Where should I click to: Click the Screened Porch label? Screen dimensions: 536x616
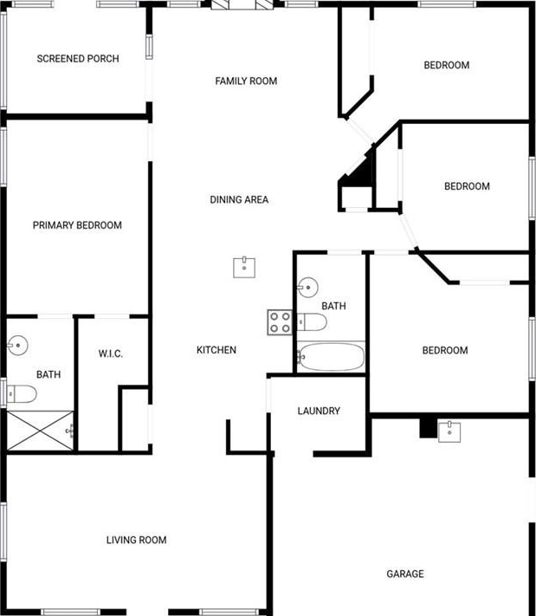(78, 59)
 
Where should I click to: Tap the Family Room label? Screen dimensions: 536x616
(246, 81)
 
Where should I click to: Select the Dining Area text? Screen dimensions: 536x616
(239, 199)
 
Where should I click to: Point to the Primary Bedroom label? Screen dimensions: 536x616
(77, 225)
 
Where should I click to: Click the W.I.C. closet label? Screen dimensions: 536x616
(110, 353)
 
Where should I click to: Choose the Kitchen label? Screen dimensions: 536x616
(216, 350)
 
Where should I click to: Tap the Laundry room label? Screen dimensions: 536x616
(319, 411)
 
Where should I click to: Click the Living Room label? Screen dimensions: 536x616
(136, 540)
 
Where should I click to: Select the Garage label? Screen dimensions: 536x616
(405, 574)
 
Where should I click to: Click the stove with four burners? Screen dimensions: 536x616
(280, 322)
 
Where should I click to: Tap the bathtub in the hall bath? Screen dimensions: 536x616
(331, 357)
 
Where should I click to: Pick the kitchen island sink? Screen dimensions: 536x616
(244, 268)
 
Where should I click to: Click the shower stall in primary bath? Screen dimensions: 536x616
(41, 431)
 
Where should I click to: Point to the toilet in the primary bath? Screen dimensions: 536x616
(22, 394)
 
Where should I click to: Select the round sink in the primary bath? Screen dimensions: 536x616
(17, 346)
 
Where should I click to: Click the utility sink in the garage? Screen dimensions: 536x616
(449, 431)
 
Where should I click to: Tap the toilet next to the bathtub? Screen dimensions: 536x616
(312, 322)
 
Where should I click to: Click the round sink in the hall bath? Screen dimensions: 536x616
(307, 288)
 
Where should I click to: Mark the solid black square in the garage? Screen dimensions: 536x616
(429, 428)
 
